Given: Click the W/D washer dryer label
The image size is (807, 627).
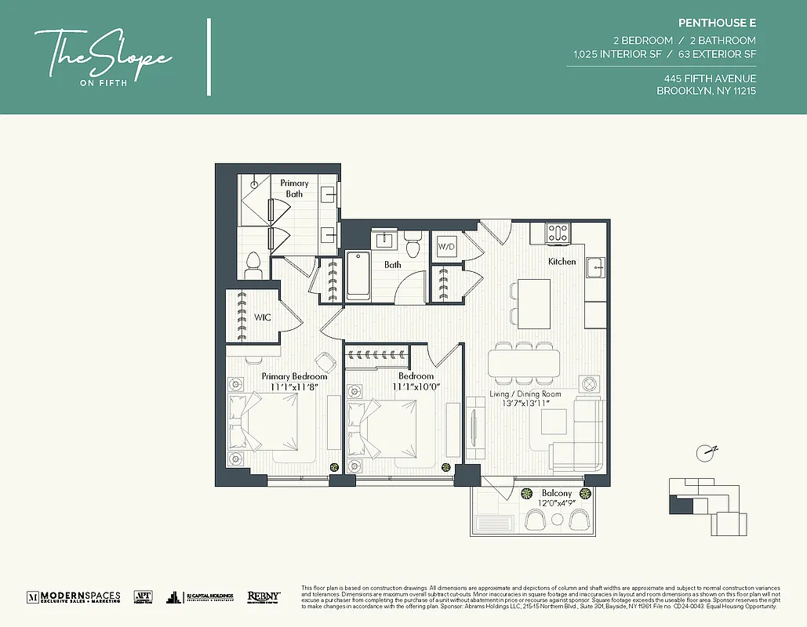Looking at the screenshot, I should pos(445,246).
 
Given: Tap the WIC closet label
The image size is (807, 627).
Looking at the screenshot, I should pos(262,317).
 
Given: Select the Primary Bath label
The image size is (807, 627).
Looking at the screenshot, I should pos(294,188).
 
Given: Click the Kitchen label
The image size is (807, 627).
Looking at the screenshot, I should pos(562,261).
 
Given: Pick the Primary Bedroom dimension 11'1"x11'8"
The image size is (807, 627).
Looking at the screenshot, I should pos(294,386).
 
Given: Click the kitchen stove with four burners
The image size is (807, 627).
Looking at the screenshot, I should pos(558,233).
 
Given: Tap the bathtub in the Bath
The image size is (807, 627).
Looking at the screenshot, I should pos(358,275).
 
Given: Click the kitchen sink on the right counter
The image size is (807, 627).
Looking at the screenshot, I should pos(596,266).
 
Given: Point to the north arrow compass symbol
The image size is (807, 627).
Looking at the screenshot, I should pos(707,451).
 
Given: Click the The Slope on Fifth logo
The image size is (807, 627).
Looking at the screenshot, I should pos(103,56).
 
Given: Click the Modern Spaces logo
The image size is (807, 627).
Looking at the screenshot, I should pos(74,596).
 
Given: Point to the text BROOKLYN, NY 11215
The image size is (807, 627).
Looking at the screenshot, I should pos(706,91).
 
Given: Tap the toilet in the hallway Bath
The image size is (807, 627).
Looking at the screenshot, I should pos(413,242).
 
